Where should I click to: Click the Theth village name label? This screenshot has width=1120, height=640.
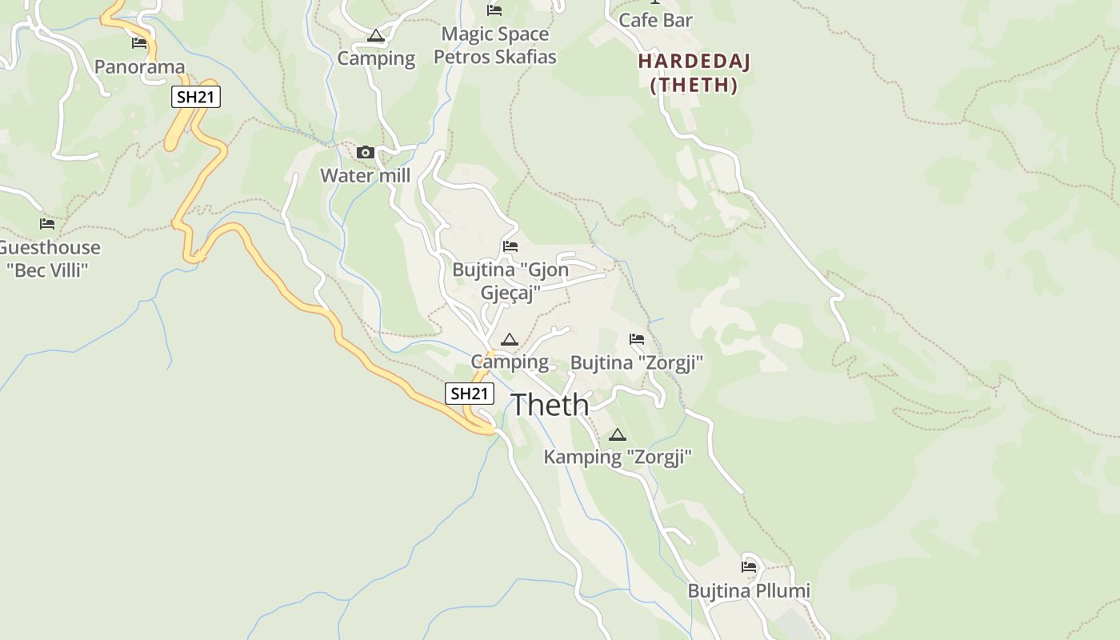(550, 405)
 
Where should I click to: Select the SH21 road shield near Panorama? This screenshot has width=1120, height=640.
(196, 98)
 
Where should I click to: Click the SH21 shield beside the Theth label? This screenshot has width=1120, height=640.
(470, 394)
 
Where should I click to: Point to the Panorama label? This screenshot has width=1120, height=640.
(139, 66)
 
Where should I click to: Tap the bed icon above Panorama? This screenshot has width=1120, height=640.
(139, 42)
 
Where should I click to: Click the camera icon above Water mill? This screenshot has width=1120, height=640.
(366, 152)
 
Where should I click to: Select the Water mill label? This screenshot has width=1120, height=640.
(366, 175)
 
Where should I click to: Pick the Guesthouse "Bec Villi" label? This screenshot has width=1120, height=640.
(48, 258)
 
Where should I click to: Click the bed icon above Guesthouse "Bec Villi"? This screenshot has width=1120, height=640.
(47, 224)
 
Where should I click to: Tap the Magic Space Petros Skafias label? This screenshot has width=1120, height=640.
(495, 46)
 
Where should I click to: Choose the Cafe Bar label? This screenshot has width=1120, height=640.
(656, 20)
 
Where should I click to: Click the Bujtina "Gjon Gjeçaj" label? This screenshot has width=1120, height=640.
(510, 281)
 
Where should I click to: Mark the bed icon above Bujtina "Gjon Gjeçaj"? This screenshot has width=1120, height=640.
(510, 246)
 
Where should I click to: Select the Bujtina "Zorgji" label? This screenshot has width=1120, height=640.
(636, 362)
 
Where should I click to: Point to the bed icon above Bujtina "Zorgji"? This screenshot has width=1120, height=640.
(637, 339)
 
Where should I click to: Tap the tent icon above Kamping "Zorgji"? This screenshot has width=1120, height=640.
(617, 435)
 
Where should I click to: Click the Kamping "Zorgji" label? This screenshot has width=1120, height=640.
(617, 457)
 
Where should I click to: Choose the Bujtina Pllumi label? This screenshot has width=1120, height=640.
(749, 590)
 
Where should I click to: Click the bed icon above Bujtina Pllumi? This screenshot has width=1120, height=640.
(749, 566)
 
